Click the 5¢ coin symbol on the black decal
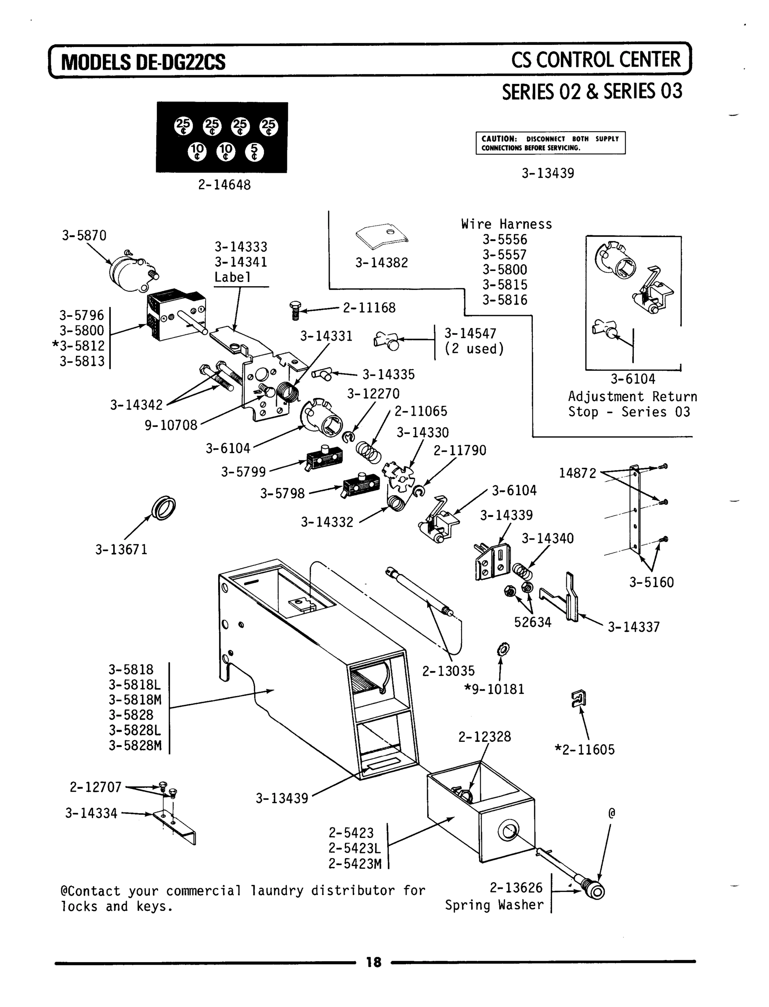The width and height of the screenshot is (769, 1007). tap(254, 152)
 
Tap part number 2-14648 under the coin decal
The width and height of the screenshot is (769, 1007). tap(224, 185)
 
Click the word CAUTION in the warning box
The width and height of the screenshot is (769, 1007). tap(498, 139)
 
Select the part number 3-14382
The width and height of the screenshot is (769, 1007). tap(381, 263)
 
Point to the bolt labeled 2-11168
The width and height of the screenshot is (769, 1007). tap(295, 311)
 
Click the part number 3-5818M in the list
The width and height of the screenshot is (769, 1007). tap(135, 699)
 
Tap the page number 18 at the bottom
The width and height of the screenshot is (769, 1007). tap(373, 962)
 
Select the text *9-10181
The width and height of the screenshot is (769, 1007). tap(494, 689)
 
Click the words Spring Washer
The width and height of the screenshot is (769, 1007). tap(494, 905)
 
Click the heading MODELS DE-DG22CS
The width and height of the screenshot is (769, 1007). tap(143, 62)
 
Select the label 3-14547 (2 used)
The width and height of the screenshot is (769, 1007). tap(474, 341)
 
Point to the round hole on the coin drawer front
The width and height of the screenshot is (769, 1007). tap(508, 831)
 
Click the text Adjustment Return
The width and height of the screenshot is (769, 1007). tap(632, 397)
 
